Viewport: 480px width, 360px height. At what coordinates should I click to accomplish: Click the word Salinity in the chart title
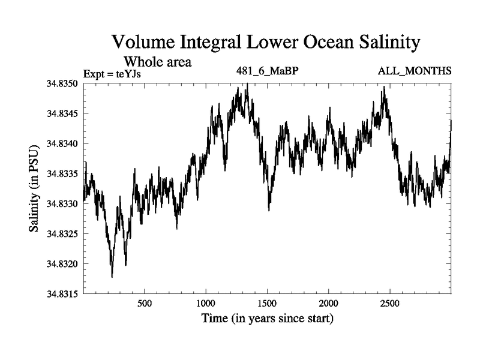[x=374, y=43]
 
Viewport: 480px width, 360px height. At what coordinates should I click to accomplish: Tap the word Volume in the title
[x=145, y=43]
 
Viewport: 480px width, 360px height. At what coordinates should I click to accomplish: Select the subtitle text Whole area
[x=157, y=61]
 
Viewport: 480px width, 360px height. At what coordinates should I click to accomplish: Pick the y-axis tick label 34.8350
[x=62, y=83]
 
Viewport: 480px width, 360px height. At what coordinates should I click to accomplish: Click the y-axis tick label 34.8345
[x=62, y=113]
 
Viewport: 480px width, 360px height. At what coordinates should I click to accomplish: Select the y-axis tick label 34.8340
[x=62, y=143]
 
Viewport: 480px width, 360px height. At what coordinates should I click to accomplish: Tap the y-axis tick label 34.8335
[x=62, y=173]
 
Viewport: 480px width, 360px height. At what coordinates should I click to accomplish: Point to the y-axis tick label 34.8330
[x=62, y=203]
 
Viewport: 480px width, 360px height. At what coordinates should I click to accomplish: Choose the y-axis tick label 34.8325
[x=62, y=233]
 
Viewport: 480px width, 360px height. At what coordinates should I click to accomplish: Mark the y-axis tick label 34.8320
[x=62, y=263]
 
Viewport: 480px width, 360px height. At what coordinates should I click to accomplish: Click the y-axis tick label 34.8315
[x=62, y=293]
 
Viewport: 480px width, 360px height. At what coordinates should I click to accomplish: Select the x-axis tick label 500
[x=145, y=303]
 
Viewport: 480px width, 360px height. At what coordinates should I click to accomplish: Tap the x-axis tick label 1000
[x=206, y=303]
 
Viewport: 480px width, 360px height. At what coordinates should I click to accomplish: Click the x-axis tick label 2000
[x=329, y=303]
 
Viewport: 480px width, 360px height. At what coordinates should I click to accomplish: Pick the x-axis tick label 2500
[x=390, y=303]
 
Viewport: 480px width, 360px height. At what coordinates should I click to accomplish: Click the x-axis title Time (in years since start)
[x=267, y=318]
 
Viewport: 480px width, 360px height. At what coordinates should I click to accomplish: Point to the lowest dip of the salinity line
[x=112, y=277]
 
